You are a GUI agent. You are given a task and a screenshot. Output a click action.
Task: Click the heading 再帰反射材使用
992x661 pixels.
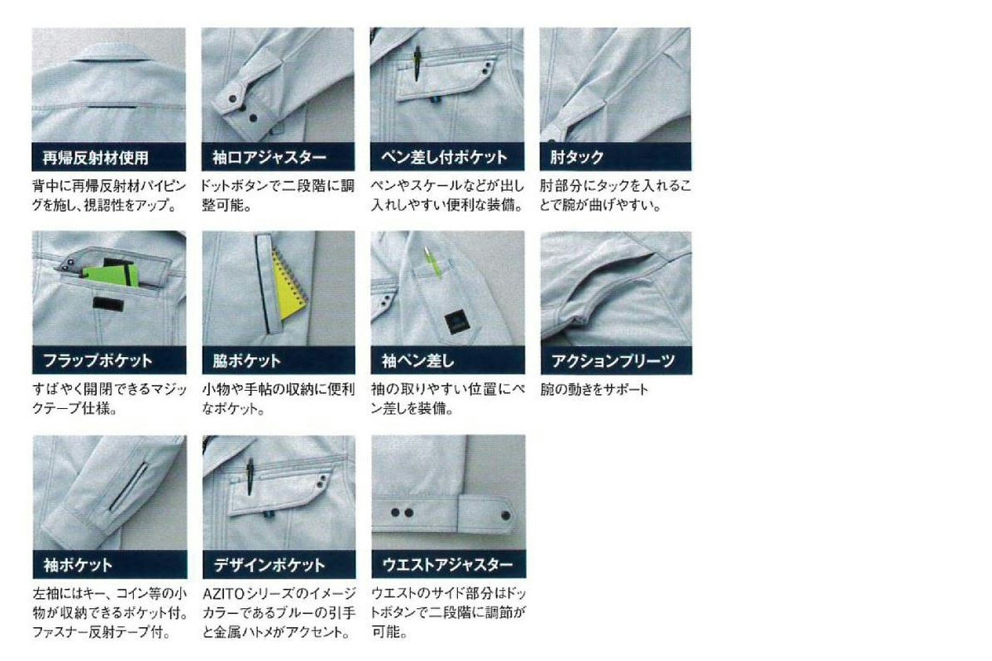(95, 158)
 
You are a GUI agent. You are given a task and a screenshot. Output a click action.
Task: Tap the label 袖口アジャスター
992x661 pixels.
(269, 157)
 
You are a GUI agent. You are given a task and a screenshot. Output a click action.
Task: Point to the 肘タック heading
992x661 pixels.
(577, 157)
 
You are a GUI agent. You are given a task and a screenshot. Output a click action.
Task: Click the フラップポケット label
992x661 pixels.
(98, 361)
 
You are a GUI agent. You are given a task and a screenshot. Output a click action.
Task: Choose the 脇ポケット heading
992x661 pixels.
(246, 361)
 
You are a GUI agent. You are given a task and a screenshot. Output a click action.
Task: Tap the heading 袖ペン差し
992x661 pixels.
(418, 361)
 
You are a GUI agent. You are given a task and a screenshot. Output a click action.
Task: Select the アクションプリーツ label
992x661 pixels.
(613, 361)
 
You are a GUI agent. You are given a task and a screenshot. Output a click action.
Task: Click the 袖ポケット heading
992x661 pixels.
(78, 565)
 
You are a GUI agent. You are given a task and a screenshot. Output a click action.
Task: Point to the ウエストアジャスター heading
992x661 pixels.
(448, 564)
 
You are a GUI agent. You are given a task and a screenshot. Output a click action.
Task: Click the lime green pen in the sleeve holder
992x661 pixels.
(432, 264)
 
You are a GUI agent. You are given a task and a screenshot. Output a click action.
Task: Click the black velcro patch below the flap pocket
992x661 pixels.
(107, 304)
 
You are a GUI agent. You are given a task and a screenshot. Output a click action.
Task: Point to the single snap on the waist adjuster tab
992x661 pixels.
(506, 516)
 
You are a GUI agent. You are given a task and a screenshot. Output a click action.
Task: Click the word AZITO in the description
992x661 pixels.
(223, 594)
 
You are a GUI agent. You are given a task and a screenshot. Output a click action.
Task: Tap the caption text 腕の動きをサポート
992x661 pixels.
(594, 390)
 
